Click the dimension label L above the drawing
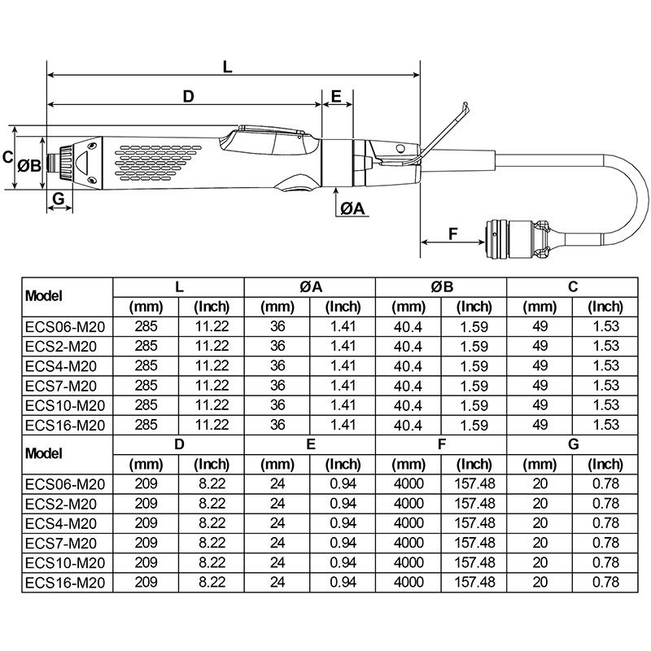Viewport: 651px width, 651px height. (x=228, y=68)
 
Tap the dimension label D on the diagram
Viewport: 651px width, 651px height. (x=188, y=96)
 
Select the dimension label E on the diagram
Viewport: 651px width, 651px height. (x=336, y=96)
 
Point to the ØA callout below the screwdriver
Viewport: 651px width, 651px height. (x=353, y=208)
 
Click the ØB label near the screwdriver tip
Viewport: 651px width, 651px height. (x=30, y=165)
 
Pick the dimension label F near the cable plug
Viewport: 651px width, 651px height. (x=454, y=233)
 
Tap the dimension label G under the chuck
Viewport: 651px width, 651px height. (x=58, y=199)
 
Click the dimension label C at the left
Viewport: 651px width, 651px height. (x=7, y=156)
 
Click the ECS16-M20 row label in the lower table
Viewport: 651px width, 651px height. (x=65, y=582)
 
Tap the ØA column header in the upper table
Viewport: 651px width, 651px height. (x=310, y=286)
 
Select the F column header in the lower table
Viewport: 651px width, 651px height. (x=441, y=443)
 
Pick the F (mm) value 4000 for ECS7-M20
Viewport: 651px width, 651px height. (x=409, y=543)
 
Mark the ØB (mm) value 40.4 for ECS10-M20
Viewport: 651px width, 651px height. (x=409, y=405)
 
